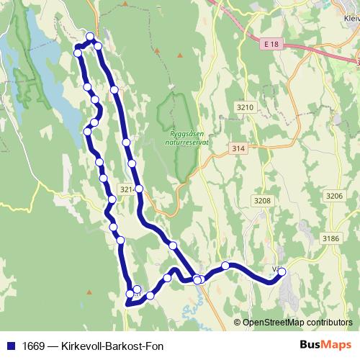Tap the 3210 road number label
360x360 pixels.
(x=245, y=107)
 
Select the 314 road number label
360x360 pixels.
(x=239, y=148)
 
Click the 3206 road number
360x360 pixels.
(x=334, y=196)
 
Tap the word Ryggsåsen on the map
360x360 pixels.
(x=189, y=134)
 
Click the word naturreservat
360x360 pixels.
(x=189, y=143)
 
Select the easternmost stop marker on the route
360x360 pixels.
(x=282, y=271)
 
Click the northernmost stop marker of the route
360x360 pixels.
(x=90, y=37)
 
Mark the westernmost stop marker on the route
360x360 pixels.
(x=78, y=53)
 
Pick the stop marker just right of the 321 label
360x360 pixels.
(x=139, y=189)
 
